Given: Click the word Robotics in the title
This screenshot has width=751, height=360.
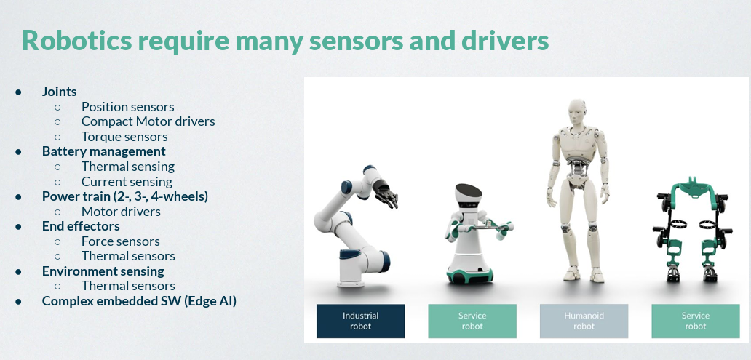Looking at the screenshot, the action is coord(76,41).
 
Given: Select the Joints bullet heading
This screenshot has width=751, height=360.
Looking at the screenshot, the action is coord(60,92).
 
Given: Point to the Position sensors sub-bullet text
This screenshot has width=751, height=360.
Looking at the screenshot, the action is coord(128,107).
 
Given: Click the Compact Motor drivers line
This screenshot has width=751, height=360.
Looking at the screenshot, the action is coord(148,121).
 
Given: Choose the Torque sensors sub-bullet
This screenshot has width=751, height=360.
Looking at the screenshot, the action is coord(124,137).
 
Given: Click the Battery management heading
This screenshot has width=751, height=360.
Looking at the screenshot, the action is coord(104,151).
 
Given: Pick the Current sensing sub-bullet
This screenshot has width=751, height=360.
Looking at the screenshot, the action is coord(127,182).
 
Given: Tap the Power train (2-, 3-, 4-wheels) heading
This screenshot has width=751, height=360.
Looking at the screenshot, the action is coord(125,196).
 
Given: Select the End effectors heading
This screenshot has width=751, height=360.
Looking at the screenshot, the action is coord(81,226).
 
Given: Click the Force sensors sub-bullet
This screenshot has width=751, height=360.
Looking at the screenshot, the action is coord(121,241).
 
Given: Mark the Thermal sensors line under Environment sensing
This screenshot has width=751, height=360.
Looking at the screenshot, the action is coord(128,286).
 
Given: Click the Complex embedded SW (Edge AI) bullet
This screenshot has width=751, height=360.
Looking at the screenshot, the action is coord(140,301).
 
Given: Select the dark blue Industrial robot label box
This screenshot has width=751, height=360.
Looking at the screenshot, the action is coord(361,321).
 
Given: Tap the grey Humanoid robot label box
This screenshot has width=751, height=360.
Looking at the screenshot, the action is coord(584,321).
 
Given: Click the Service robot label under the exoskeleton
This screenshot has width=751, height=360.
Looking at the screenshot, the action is coord(696,321).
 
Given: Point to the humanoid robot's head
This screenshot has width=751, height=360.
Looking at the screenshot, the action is coord(578,113).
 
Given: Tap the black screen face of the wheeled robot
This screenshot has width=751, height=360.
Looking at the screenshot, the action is coord(469,191).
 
